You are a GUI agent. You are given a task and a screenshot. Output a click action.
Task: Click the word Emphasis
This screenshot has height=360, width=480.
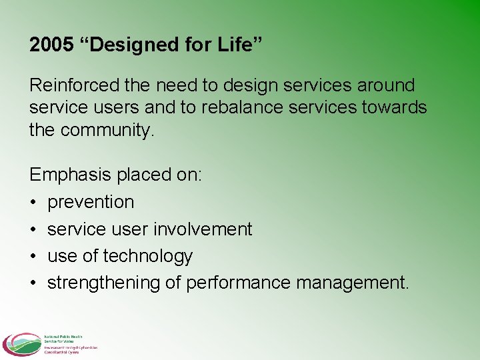coord(71,175)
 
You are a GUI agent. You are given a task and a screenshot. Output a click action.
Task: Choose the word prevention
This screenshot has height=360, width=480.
coord(91,202)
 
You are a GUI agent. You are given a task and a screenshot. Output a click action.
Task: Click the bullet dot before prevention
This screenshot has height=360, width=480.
coord(33,202)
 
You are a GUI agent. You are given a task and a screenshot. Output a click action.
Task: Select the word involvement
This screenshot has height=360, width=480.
coord(203,229)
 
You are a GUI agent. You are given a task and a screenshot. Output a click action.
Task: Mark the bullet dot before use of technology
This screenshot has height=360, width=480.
coord(33,257)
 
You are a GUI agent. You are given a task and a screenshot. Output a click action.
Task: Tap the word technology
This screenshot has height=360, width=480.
coord(147,257)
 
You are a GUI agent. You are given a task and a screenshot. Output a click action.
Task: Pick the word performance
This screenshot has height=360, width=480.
coord(238,283)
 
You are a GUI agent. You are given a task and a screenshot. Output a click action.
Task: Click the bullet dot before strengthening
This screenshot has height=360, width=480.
coord(33,283)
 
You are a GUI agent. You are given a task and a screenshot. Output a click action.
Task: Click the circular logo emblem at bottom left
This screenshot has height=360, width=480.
coord(21,345)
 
